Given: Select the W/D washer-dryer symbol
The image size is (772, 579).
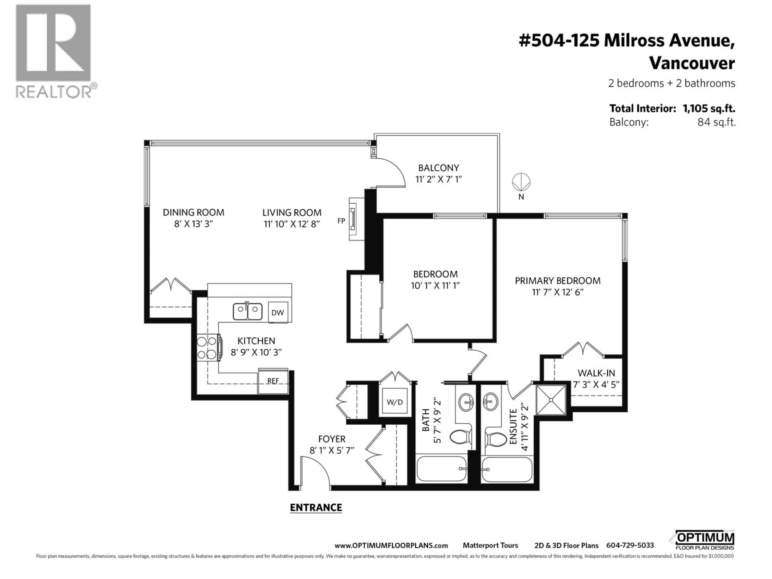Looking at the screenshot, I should (395, 402).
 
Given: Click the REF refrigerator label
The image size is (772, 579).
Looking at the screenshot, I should (273, 381).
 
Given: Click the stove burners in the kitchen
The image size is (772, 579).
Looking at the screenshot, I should (207, 347).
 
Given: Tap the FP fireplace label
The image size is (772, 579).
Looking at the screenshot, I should (341, 221).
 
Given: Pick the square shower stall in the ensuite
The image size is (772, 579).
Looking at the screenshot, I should (551, 400).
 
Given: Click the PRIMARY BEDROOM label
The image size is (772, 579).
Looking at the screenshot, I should (557, 281).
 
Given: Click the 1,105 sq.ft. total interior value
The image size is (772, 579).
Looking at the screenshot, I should (709, 109).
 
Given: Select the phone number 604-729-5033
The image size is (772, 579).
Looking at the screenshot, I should (630, 545).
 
